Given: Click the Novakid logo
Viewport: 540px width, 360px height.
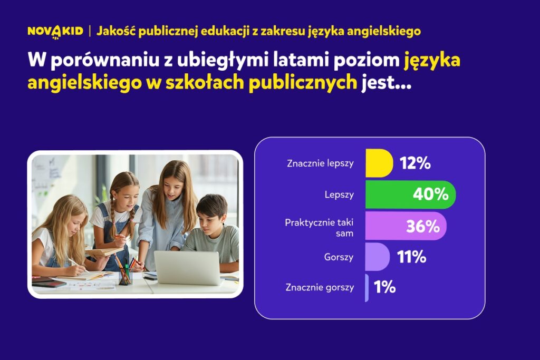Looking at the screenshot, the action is click(x=55, y=32).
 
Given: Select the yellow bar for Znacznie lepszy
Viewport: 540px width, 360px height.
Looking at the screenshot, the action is click(x=379, y=163).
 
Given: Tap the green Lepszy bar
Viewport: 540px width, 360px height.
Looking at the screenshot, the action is click(x=410, y=194).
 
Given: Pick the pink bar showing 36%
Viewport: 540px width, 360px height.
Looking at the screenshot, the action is click(x=406, y=226).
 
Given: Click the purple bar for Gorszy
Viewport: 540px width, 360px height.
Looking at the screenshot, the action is click(x=378, y=257).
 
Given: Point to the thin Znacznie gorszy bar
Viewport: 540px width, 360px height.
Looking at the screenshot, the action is click(x=367, y=288).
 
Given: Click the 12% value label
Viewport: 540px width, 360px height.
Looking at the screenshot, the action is click(x=415, y=163).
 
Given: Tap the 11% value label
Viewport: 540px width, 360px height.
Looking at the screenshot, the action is click(x=411, y=257).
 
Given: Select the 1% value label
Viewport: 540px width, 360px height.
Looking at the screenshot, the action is click(x=384, y=287).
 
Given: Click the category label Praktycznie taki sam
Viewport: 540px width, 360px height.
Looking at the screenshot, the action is click(x=319, y=228).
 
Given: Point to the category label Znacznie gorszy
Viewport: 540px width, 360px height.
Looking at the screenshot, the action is click(x=320, y=287).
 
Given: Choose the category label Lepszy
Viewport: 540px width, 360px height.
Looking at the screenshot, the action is click(x=339, y=195).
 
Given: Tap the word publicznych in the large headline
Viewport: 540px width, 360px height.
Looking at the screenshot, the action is click(x=303, y=83).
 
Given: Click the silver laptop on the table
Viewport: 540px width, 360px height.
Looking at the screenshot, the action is click(x=187, y=268).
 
